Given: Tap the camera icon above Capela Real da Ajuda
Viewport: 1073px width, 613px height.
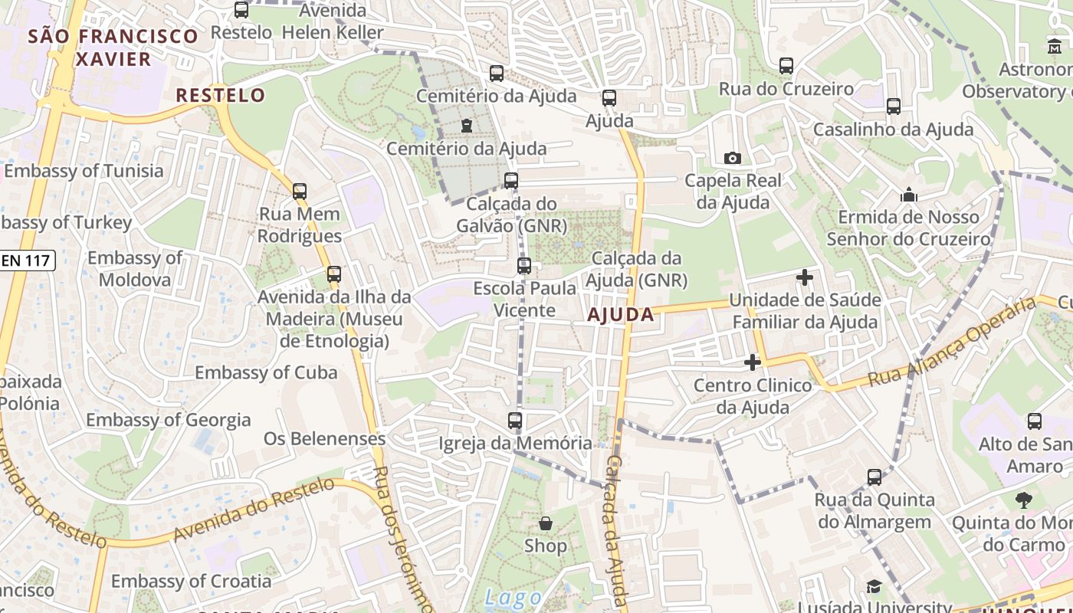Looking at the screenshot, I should tap(732, 158).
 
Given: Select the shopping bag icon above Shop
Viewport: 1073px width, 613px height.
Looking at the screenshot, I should tap(546, 523).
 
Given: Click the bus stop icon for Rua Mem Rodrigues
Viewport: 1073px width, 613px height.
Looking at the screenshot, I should tap(299, 191).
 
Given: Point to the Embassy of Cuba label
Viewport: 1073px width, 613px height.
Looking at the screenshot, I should tap(266, 372).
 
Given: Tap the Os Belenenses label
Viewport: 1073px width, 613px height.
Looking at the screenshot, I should tap(324, 438).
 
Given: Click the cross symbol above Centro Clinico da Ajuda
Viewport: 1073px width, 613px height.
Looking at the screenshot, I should tap(753, 362).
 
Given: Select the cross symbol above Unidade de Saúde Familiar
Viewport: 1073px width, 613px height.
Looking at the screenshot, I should tap(804, 277).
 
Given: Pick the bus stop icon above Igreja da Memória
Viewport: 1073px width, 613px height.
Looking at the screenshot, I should tap(515, 420).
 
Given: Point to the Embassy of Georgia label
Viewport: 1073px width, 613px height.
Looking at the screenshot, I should tap(168, 420).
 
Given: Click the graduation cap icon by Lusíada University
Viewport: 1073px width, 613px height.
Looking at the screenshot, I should tap(874, 587).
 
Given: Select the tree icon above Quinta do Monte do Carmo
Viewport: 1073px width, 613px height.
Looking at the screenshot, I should tap(1023, 500).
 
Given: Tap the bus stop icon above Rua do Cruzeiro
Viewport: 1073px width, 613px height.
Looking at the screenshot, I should tap(786, 66).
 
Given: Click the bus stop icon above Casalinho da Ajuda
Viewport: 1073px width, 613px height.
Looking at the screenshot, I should tap(893, 107).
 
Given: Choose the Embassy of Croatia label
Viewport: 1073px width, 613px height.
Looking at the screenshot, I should tap(191, 581).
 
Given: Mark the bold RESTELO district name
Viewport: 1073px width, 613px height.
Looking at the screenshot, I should tap(221, 96).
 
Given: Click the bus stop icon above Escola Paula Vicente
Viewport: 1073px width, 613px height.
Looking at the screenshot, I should tap(524, 266).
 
